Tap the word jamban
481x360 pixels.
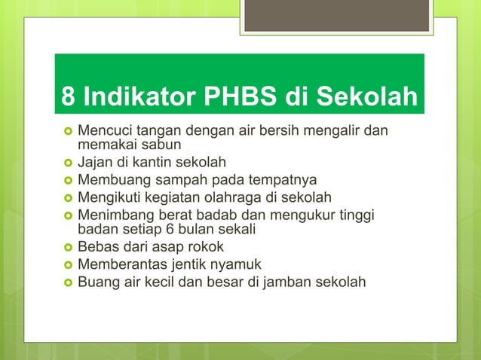click(293, 282)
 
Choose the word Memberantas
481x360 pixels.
click(121, 264)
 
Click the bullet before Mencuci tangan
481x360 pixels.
click(66, 130)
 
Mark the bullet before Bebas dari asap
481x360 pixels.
click(66, 247)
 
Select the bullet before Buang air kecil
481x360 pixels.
click(66, 282)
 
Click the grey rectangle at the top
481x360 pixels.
click(337, 15)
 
